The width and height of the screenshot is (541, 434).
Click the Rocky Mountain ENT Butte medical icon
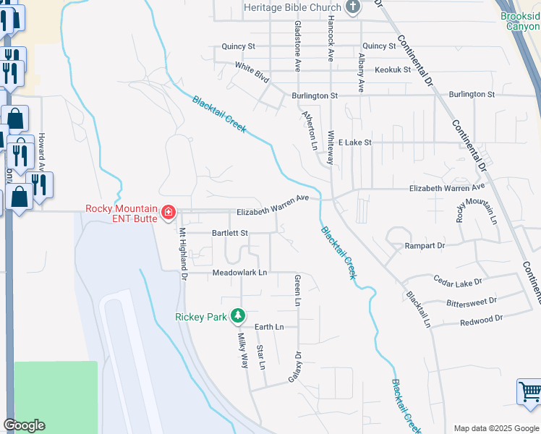(x=168, y=212)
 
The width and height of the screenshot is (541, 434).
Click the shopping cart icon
(x=530, y=393)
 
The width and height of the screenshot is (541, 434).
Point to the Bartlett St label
(x=229, y=234)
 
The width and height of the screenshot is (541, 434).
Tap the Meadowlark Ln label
(x=239, y=273)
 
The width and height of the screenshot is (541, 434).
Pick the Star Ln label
(x=261, y=357)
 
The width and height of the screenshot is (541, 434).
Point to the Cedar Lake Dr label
(x=457, y=279)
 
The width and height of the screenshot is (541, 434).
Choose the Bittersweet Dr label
(x=472, y=301)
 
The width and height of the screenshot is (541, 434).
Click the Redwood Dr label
(x=481, y=319)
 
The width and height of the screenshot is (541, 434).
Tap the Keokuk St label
(x=393, y=70)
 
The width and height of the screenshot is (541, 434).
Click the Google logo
(x=24, y=425)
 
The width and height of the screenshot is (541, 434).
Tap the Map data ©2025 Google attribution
(x=495, y=427)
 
